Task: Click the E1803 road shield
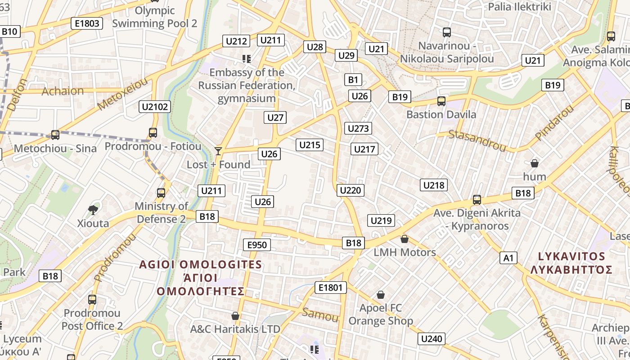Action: click(x=87, y=23)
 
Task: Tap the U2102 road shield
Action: click(x=155, y=107)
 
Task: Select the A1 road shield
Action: click(x=508, y=258)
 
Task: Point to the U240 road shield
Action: click(x=432, y=339)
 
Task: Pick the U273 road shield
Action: click(x=358, y=128)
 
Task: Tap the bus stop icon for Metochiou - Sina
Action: click(x=55, y=135)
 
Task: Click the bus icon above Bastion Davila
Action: click(x=441, y=101)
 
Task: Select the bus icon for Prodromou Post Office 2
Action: click(x=92, y=299)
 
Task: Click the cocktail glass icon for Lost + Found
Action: click(x=218, y=151)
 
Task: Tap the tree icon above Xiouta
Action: click(x=93, y=209)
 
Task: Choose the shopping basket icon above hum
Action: click(x=535, y=163)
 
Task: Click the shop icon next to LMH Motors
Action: click(x=405, y=238)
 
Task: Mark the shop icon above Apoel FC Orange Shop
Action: click(x=381, y=295)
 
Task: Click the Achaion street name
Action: click(x=63, y=91)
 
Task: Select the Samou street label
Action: click(x=320, y=315)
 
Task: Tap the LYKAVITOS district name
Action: click(x=572, y=256)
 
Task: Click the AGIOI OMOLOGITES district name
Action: click(x=200, y=264)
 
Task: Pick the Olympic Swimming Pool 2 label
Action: click(x=154, y=17)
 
